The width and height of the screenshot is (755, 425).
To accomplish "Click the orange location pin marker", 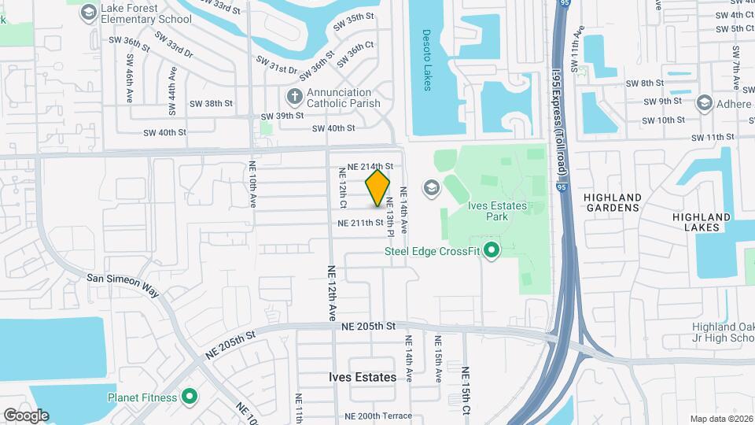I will [378, 188].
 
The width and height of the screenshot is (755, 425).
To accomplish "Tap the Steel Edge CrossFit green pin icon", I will [492, 252].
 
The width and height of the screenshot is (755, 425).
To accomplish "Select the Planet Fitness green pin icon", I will [189, 397].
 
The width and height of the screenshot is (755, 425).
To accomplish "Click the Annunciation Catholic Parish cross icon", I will [294, 97].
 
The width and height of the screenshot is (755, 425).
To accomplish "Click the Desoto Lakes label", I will [428, 60].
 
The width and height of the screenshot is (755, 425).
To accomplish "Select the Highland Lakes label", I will [696, 222].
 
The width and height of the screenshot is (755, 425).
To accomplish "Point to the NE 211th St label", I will [360, 224].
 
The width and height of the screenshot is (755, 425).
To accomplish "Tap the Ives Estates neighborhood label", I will [363, 377].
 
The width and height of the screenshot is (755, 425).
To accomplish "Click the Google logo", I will [26, 416].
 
